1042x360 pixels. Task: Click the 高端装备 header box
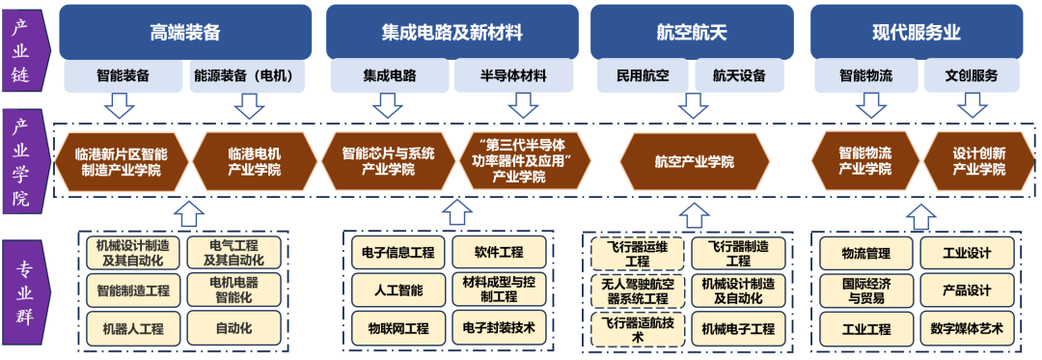[x=185, y=32]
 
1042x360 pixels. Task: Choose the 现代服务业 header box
[x=917, y=32]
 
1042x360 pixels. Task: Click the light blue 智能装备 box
[x=123, y=75]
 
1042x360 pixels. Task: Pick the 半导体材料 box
[x=514, y=75]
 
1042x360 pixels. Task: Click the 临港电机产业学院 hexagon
[x=255, y=161]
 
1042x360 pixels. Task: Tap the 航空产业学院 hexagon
[x=694, y=161]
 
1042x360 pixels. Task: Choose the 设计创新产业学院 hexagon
[x=979, y=161]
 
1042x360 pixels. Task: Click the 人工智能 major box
[x=398, y=288]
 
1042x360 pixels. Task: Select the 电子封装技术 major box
[x=499, y=327]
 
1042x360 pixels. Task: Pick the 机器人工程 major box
[x=132, y=327]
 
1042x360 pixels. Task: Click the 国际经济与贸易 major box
[x=865, y=290]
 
